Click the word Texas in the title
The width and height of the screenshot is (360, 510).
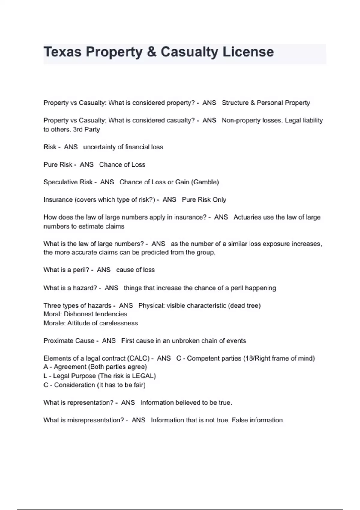click(x=62, y=52)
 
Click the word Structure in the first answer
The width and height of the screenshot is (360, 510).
click(x=235, y=103)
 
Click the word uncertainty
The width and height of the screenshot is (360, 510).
click(x=99, y=147)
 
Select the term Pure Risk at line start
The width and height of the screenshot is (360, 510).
click(x=58, y=164)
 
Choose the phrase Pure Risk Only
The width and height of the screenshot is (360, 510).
click(x=204, y=200)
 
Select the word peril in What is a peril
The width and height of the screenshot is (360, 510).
click(x=81, y=270)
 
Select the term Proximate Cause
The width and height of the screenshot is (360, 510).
click(x=69, y=341)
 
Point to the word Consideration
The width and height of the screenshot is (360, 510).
click(x=74, y=385)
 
